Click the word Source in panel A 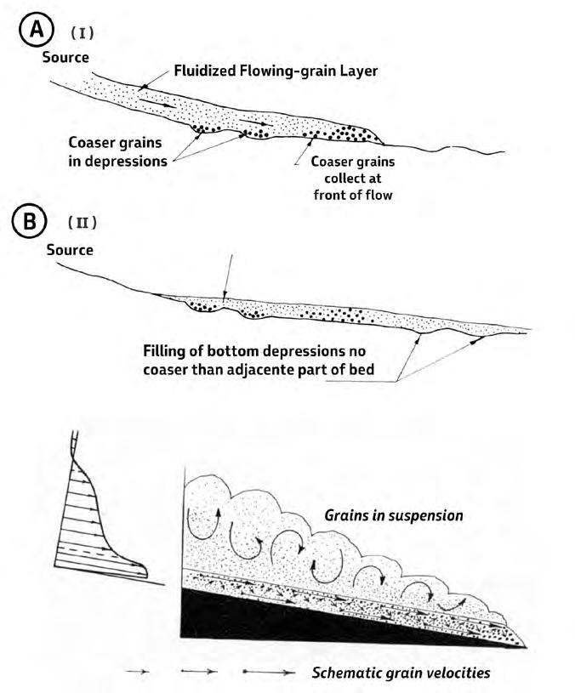click(x=65, y=58)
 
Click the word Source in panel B click(x=69, y=251)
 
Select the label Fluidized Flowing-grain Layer click(x=275, y=72)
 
